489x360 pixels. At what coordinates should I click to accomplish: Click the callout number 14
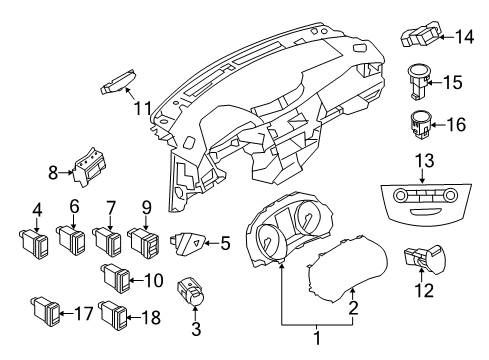click(x=463, y=39)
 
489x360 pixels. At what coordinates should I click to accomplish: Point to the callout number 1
click(x=319, y=340)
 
